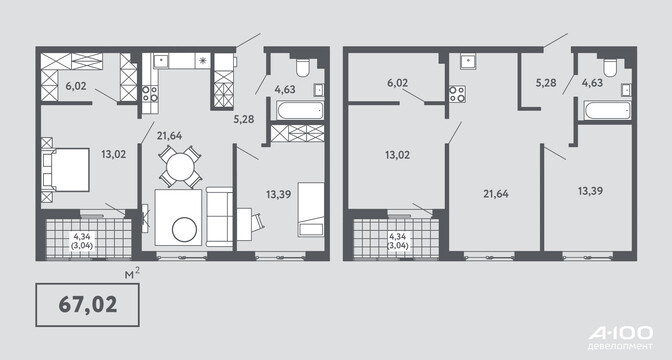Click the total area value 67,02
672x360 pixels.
87,304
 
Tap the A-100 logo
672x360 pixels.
620,336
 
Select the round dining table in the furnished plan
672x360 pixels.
180,166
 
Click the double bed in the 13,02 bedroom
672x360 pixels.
65,169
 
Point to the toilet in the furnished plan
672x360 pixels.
303,67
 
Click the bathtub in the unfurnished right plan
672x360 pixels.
607,111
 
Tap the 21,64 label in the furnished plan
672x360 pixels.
169,136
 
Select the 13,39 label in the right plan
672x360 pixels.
591,191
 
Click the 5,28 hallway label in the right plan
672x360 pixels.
546,82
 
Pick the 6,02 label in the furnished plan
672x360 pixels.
76,86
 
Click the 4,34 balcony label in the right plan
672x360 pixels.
397,236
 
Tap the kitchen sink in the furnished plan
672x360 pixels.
161,60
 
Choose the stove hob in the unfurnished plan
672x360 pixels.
457,94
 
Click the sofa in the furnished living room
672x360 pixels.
219,216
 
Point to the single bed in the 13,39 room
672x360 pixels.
311,209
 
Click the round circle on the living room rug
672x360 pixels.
184,229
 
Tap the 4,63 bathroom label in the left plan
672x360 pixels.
285,89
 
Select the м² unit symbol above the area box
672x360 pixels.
132,274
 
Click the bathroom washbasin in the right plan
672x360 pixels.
626,90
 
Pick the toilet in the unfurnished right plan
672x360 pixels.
609,67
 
